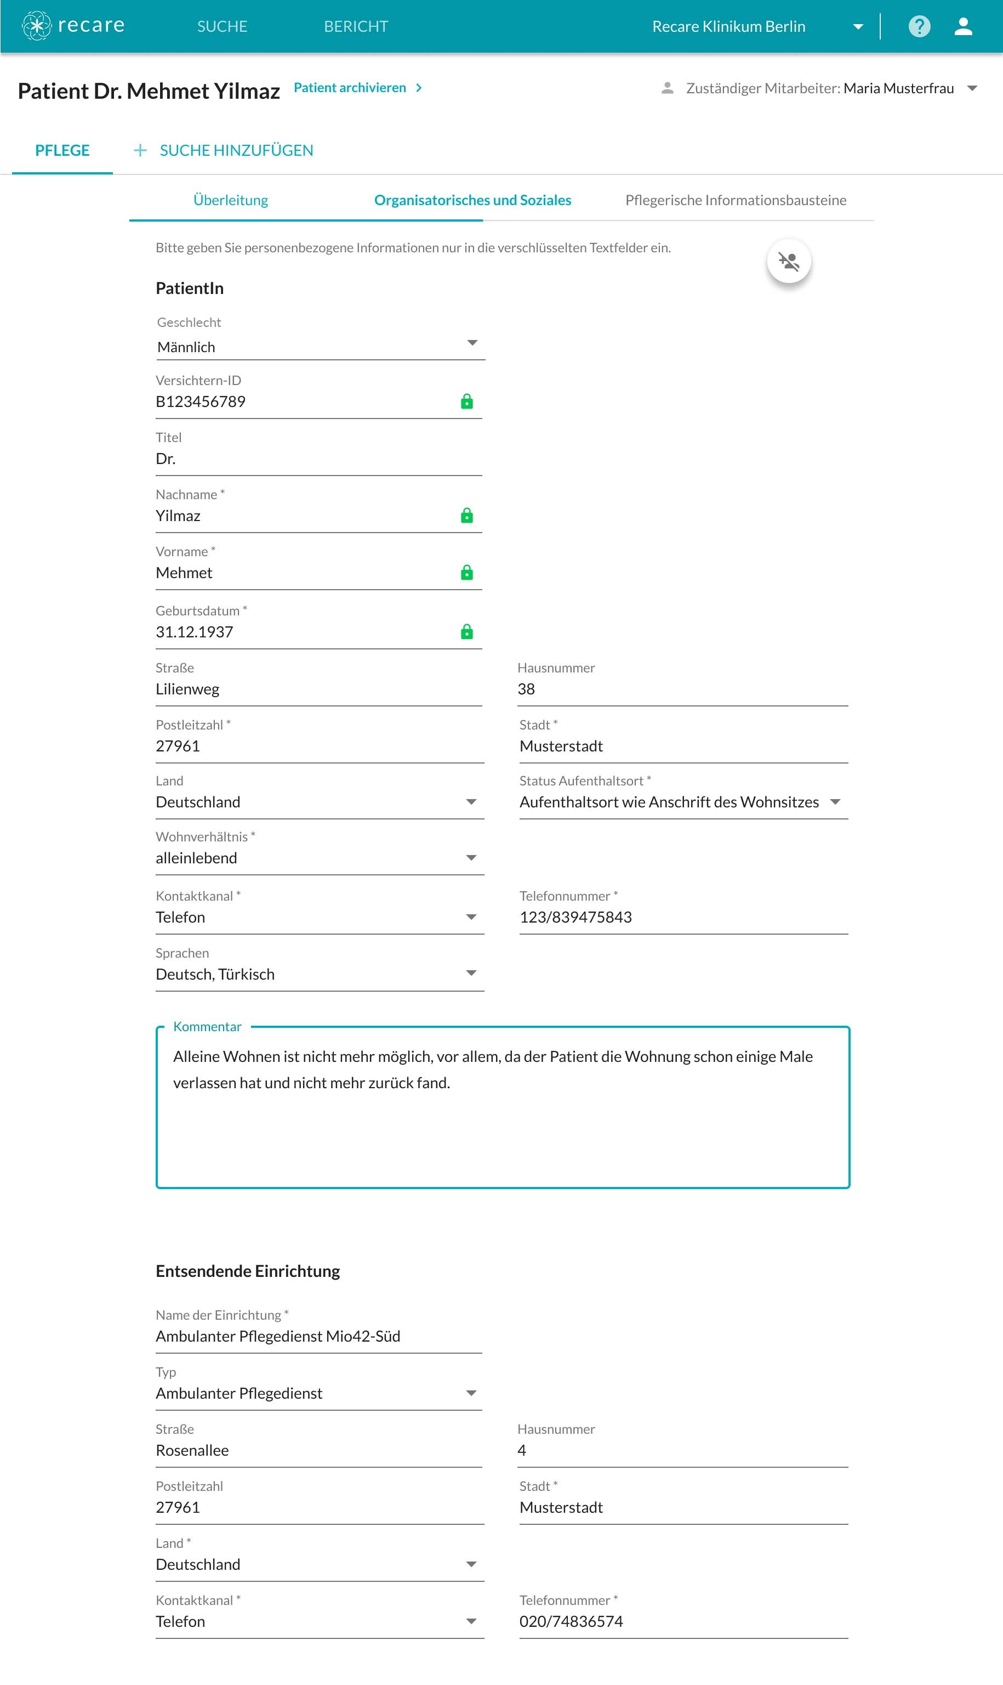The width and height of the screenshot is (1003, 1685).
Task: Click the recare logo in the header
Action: [73, 26]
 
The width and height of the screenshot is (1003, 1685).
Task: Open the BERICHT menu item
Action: [356, 26]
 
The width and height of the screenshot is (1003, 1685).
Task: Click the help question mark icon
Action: [919, 26]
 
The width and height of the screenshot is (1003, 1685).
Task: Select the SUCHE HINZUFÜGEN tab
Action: [236, 150]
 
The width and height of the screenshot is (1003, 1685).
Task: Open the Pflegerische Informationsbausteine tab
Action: [736, 200]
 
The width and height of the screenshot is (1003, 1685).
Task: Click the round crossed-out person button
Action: [788, 261]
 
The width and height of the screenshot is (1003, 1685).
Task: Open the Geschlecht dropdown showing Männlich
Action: [319, 347]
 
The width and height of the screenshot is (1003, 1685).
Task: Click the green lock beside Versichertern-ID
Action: [466, 402]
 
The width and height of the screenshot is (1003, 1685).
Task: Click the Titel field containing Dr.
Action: [318, 459]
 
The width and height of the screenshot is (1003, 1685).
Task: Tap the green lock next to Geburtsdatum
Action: [466, 632]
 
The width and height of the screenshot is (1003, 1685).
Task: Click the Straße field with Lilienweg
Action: [318, 689]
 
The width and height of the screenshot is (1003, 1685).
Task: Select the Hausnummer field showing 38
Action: [681, 689]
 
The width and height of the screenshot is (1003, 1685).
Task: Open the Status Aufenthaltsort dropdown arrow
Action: [835, 802]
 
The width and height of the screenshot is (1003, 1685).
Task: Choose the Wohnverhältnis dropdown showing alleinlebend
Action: [319, 858]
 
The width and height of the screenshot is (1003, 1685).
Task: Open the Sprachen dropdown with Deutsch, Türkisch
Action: [319, 974]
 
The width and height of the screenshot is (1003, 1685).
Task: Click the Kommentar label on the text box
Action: [207, 1026]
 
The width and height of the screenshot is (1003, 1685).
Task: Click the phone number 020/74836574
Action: [571, 1621]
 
